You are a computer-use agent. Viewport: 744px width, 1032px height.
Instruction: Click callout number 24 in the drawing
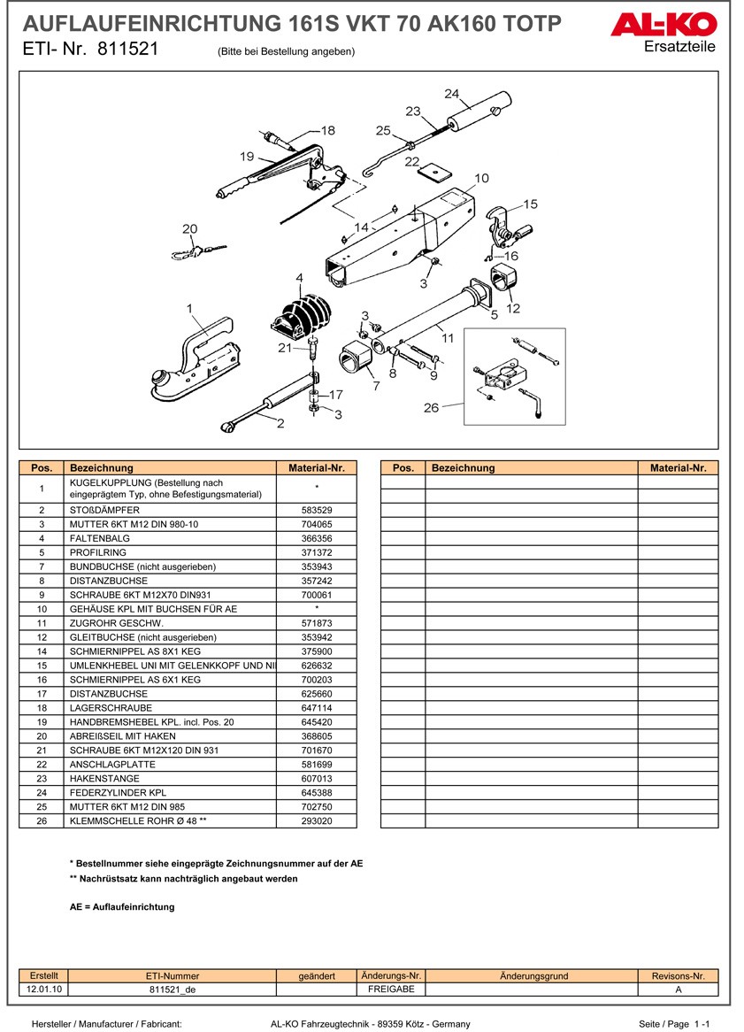point(451,93)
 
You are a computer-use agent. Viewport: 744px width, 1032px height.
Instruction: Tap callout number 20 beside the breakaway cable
point(189,229)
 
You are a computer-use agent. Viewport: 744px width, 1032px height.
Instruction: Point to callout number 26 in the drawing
point(431,408)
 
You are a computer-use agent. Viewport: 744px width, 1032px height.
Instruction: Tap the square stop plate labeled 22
point(433,169)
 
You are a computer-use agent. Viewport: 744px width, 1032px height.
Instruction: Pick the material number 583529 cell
point(317,510)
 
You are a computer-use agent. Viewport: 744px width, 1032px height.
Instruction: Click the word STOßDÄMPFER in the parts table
point(104,510)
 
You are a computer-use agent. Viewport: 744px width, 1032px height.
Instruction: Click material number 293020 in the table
point(317,821)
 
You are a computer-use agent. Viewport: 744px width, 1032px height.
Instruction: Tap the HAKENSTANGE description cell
point(103,779)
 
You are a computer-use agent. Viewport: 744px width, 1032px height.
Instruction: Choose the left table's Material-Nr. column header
point(317,468)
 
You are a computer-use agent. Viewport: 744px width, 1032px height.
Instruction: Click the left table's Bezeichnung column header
point(102,468)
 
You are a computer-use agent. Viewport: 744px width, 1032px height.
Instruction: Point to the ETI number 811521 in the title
point(127,50)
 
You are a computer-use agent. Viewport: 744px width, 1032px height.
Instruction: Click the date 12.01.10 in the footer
point(44,989)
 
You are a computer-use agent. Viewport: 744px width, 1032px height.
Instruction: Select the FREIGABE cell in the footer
point(391,989)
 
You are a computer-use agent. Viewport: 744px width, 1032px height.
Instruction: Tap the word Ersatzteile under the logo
point(679,47)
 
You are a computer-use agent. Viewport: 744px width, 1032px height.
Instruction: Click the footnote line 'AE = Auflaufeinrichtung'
point(122,906)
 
